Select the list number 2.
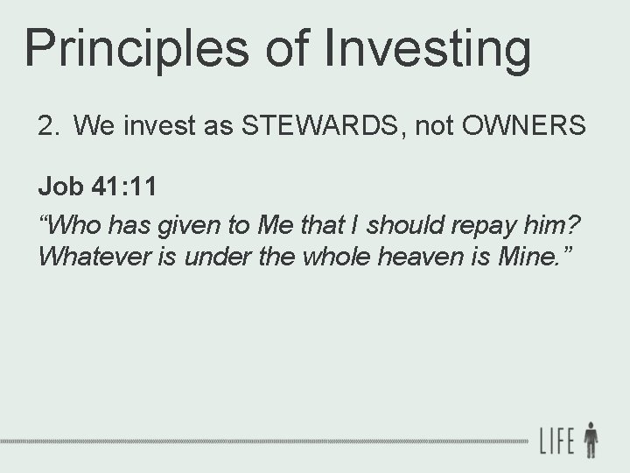pos(47,127)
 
